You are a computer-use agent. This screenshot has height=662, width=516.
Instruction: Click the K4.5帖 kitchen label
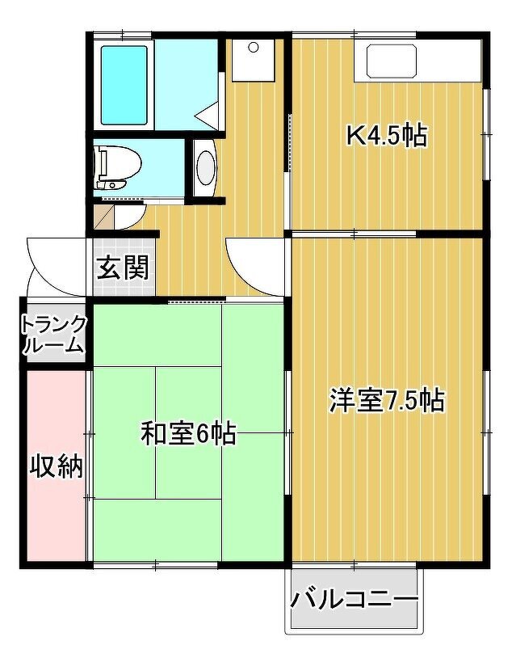tap(387, 136)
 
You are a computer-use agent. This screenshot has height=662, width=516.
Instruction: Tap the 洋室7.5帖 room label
tap(387, 400)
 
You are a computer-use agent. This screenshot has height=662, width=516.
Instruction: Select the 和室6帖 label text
tap(188, 433)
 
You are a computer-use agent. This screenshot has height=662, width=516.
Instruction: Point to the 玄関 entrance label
tap(123, 268)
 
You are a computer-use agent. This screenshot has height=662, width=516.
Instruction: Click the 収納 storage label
tap(57, 466)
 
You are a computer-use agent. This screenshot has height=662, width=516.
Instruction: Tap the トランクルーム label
tap(53, 335)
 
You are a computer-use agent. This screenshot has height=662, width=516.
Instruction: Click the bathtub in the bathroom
tap(124, 86)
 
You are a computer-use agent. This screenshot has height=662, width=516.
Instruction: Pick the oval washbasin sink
tap(206, 168)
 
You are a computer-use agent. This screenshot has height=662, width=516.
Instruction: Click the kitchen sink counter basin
tap(392, 61)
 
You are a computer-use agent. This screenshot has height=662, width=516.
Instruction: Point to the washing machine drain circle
tap(253, 47)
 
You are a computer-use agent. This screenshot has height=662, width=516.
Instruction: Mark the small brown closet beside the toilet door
tap(103, 217)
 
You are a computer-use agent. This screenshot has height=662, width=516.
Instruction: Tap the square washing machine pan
tap(253, 61)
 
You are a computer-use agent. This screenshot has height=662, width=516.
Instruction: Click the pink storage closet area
tap(57, 466)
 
